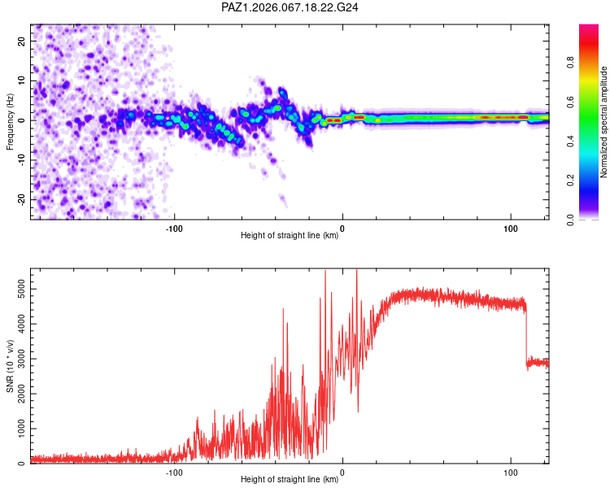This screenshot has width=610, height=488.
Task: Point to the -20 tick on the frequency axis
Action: click(x=21, y=199)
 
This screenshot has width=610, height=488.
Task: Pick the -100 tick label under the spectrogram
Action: click(x=174, y=229)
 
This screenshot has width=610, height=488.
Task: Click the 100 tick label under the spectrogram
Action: click(x=510, y=229)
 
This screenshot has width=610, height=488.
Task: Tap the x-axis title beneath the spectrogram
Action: click(x=290, y=236)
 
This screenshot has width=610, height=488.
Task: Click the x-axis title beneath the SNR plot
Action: click(x=290, y=480)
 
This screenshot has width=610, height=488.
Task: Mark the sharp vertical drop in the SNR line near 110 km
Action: click(x=526, y=333)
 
